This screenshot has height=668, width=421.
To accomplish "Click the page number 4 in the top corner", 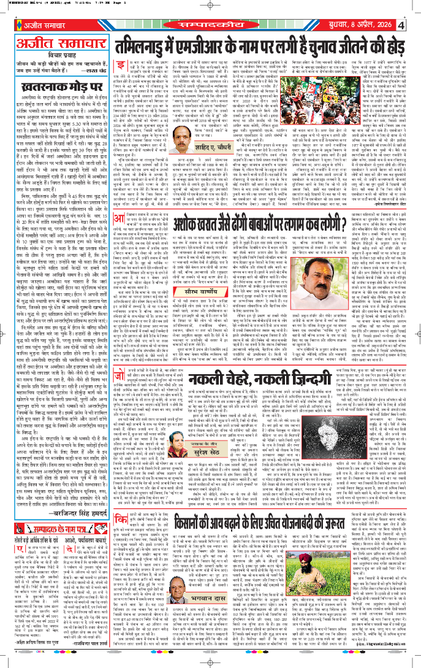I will click(401, 26).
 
